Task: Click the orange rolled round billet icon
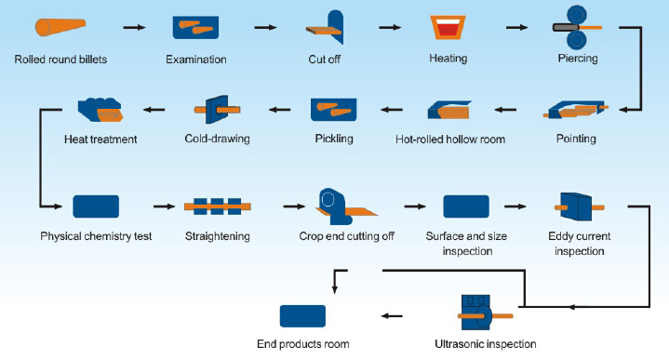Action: [x=60, y=27]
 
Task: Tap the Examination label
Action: [x=195, y=60]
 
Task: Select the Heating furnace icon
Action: [x=448, y=28]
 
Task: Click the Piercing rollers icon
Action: [x=576, y=27]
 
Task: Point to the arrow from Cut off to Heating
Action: [x=390, y=27]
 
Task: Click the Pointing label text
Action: [x=576, y=139]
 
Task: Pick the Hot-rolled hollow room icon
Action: [x=449, y=110]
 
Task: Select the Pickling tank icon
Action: [x=334, y=110]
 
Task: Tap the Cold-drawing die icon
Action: [x=217, y=110]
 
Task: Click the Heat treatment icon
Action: [x=100, y=110]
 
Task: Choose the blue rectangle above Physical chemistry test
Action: [x=96, y=207]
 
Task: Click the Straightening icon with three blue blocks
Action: [x=217, y=207]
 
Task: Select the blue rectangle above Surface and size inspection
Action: [x=466, y=207]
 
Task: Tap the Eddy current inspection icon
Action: [x=579, y=207]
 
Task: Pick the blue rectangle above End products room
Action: [x=302, y=316]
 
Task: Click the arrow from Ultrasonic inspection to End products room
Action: [x=392, y=316]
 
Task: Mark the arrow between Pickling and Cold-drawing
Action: [x=280, y=110]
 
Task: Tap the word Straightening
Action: [x=217, y=236]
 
